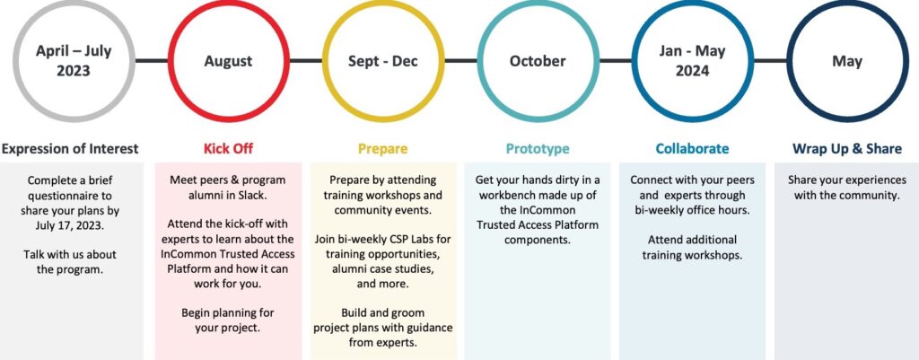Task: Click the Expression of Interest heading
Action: tap(70, 149)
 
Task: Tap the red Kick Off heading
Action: tap(228, 148)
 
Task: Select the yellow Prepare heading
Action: tap(382, 149)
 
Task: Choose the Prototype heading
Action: tap(538, 149)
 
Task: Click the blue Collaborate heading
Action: tap(692, 148)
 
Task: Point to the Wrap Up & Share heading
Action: tap(847, 149)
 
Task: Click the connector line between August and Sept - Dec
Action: tap(306, 60)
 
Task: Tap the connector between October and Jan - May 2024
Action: tap(616, 60)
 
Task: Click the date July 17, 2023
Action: tap(74, 225)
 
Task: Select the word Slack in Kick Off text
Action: tap(255, 195)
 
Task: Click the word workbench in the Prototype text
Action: tap(506, 195)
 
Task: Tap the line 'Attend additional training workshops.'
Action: tap(692, 248)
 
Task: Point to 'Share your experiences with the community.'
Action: tap(847, 188)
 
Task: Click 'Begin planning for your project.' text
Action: tap(227, 320)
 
